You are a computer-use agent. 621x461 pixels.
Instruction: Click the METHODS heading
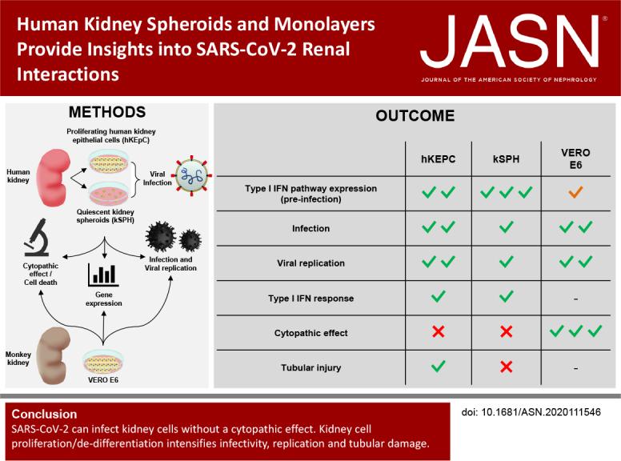pyautogui.click(x=108, y=112)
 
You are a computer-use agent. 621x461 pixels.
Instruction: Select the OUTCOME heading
pyautogui.click(x=415, y=116)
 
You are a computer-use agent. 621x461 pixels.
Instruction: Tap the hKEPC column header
pyautogui.click(x=438, y=159)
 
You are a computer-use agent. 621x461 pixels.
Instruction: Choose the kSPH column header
pyautogui.click(x=505, y=159)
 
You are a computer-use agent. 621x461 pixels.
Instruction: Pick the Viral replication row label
pyautogui.click(x=310, y=263)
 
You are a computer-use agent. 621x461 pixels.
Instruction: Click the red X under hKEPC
pyautogui.click(x=438, y=331)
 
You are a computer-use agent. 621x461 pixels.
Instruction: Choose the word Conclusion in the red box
pyautogui.click(x=44, y=415)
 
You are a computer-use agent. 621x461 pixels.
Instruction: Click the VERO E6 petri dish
pyautogui.click(x=102, y=362)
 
